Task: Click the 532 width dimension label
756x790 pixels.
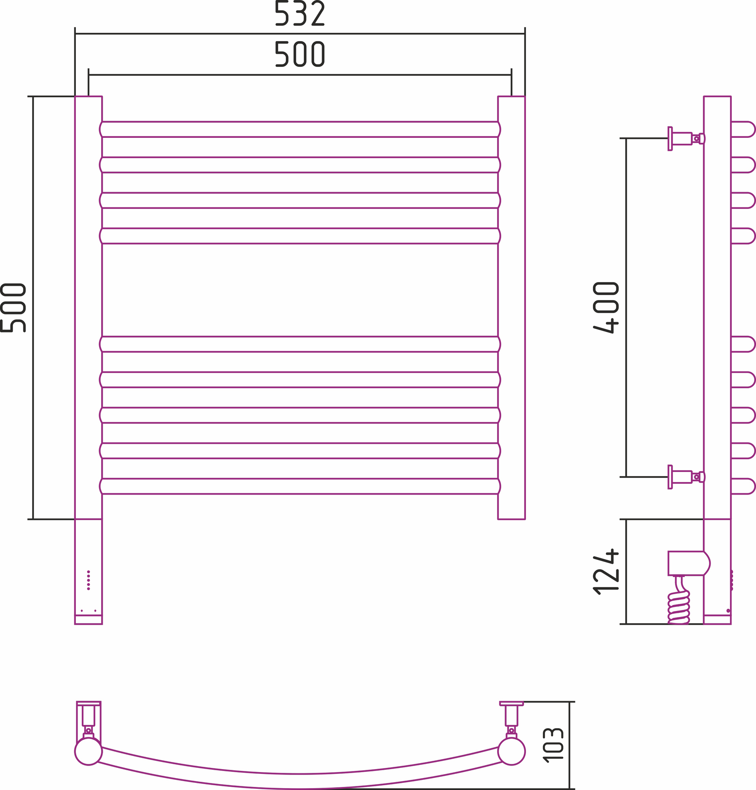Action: tap(300, 13)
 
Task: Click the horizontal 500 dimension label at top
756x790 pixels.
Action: tap(300, 54)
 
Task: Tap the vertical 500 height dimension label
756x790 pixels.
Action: tap(13, 308)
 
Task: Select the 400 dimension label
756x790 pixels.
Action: tap(606, 308)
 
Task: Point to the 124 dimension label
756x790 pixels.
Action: tap(606, 571)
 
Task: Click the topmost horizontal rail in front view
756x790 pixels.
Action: tap(300, 129)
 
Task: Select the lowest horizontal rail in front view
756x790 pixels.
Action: tap(300, 486)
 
